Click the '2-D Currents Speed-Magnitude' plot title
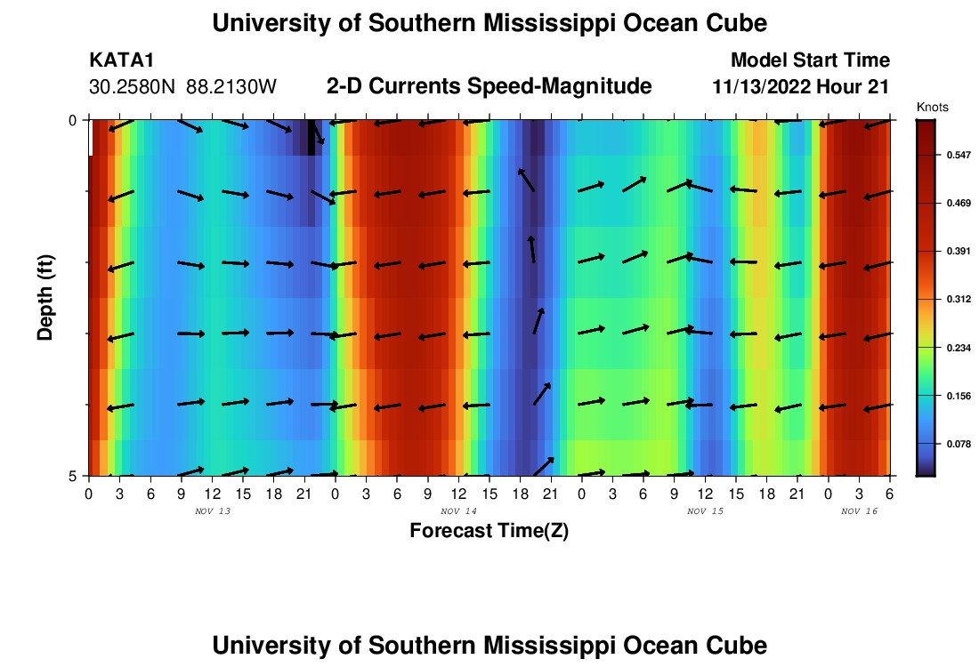point(489,86)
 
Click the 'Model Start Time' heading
point(810,60)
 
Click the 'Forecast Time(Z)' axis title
point(489,531)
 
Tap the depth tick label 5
point(73,476)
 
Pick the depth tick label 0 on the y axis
point(73,119)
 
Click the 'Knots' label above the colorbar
point(933,107)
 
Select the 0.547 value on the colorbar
point(959,156)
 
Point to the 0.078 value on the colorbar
point(959,444)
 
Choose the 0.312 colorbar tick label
point(959,300)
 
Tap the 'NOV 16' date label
point(859,511)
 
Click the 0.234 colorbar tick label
point(959,348)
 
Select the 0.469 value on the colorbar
point(959,204)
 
